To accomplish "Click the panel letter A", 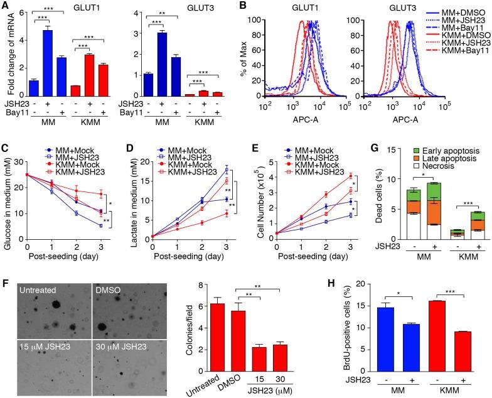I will pos(5,6).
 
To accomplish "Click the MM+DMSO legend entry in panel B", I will pos(454,11).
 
